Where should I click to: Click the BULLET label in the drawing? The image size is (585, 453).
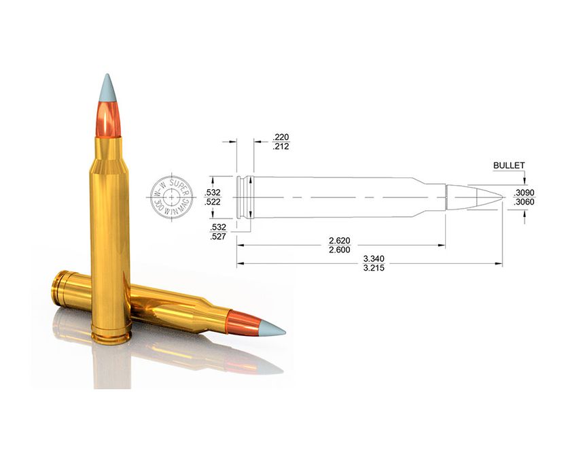pos(509,165)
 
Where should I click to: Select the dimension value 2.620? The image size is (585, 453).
pos(340,241)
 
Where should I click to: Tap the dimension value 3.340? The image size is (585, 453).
pos(374,258)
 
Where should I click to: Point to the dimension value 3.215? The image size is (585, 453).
pos(374,268)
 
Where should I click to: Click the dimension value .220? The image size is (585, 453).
pos(281,137)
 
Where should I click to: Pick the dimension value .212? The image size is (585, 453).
pos(281,146)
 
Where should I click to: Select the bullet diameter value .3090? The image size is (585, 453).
pos(524,192)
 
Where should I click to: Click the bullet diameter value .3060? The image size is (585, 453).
pos(524,202)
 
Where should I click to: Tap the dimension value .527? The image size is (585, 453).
pos(218,237)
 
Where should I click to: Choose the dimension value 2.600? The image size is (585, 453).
pos(340,250)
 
